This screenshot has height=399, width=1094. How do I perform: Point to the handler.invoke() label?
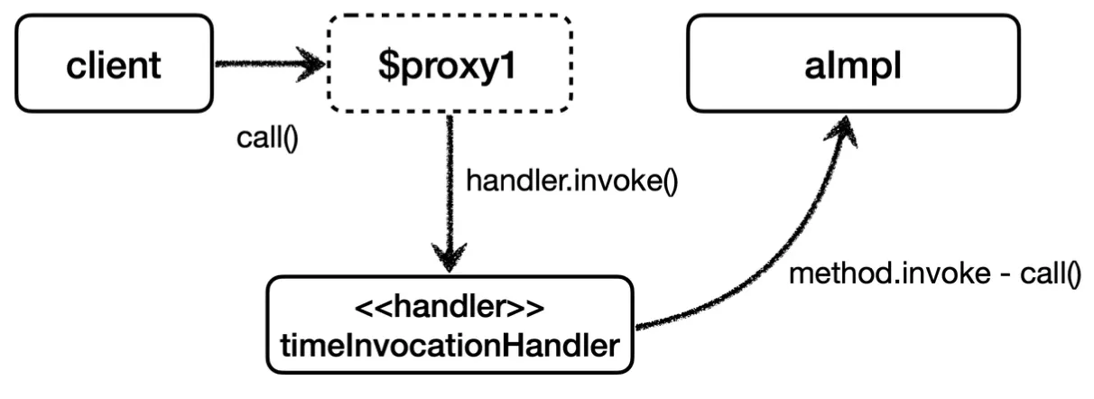pyautogui.click(x=571, y=181)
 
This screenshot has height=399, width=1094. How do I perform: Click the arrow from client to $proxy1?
pyautogui.click(x=266, y=66)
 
